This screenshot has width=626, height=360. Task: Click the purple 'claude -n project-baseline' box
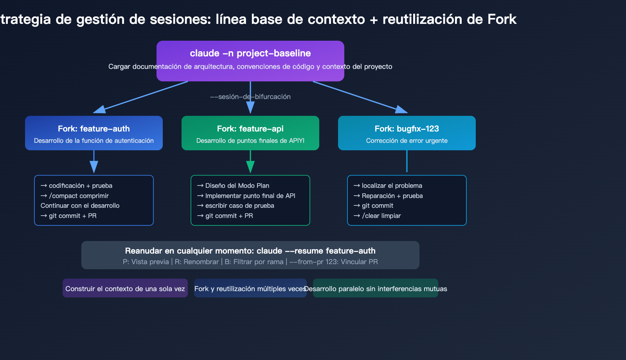pyautogui.click(x=250, y=54)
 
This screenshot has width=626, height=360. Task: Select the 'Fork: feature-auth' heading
pyautogui.click(x=94, y=129)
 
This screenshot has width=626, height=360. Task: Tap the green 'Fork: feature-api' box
pyautogui.click(x=250, y=133)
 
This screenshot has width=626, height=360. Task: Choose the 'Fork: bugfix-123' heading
pyautogui.click(x=407, y=129)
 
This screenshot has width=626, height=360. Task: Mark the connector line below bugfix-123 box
pyautogui.click(x=407, y=161)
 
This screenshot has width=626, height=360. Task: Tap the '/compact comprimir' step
pyautogui.click(x=75, y=196)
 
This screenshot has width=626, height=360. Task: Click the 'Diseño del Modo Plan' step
pyautogui.click(x=234, y=185)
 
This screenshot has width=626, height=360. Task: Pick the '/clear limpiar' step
pyautogui.click(x=378, y=216)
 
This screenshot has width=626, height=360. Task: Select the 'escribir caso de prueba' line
pyautogui.click(x=236, y=205)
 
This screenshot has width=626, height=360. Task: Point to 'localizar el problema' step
pyautogui.click(x=388, y=185)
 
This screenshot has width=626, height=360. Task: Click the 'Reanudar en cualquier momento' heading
pyautogui.click(x=250, y=251)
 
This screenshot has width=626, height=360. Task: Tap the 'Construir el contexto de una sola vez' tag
pyautogui.click(x=125, y=288)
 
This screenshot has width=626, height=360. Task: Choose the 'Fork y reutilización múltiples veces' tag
pyautogui.click(x=250, y=288)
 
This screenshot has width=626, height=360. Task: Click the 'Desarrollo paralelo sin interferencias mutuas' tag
pyautogui.click(x=376, y=288)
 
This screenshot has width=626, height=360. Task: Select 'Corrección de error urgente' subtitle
pyautogui.click(x=407, y=140)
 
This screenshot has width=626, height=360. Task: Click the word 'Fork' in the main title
pyautogui.click(x=502, y=19)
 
